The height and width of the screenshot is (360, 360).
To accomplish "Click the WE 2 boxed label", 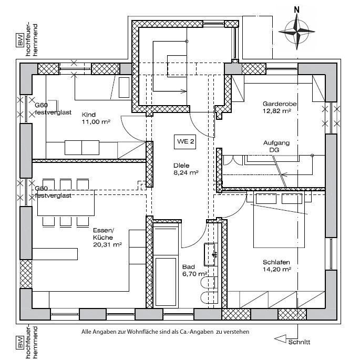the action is (x=185, y=142).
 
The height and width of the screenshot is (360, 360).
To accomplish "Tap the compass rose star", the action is (x=296, y=32).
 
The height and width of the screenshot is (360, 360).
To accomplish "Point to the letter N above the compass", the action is (x=297, y=9).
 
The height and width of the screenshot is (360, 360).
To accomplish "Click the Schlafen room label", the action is (x=276, y=262).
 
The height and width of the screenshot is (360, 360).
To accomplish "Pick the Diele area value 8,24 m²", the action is (x=186, y=173).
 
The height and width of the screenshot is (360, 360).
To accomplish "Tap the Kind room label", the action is (x=89, y=115).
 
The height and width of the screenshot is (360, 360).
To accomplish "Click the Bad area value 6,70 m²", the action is (x=194, y=274).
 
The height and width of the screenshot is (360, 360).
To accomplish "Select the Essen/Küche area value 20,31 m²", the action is (x=107, y=245).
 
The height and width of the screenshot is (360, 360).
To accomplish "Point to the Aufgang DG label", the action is (x=276, y=146).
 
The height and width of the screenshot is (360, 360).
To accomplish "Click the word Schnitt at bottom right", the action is (x=299, y=342).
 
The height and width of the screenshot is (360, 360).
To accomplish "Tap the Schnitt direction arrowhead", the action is (x=280, y=339).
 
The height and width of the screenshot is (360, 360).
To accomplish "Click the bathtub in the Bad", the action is (x=166, y=282).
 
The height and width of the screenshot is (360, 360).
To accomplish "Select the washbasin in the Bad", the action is (x=210, y=254).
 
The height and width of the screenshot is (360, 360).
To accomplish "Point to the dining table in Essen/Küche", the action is (x=66, y=203).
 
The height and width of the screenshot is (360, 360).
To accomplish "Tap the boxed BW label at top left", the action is (x=20, y=40).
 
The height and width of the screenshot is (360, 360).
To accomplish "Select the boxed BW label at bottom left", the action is (x=20, y=342).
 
